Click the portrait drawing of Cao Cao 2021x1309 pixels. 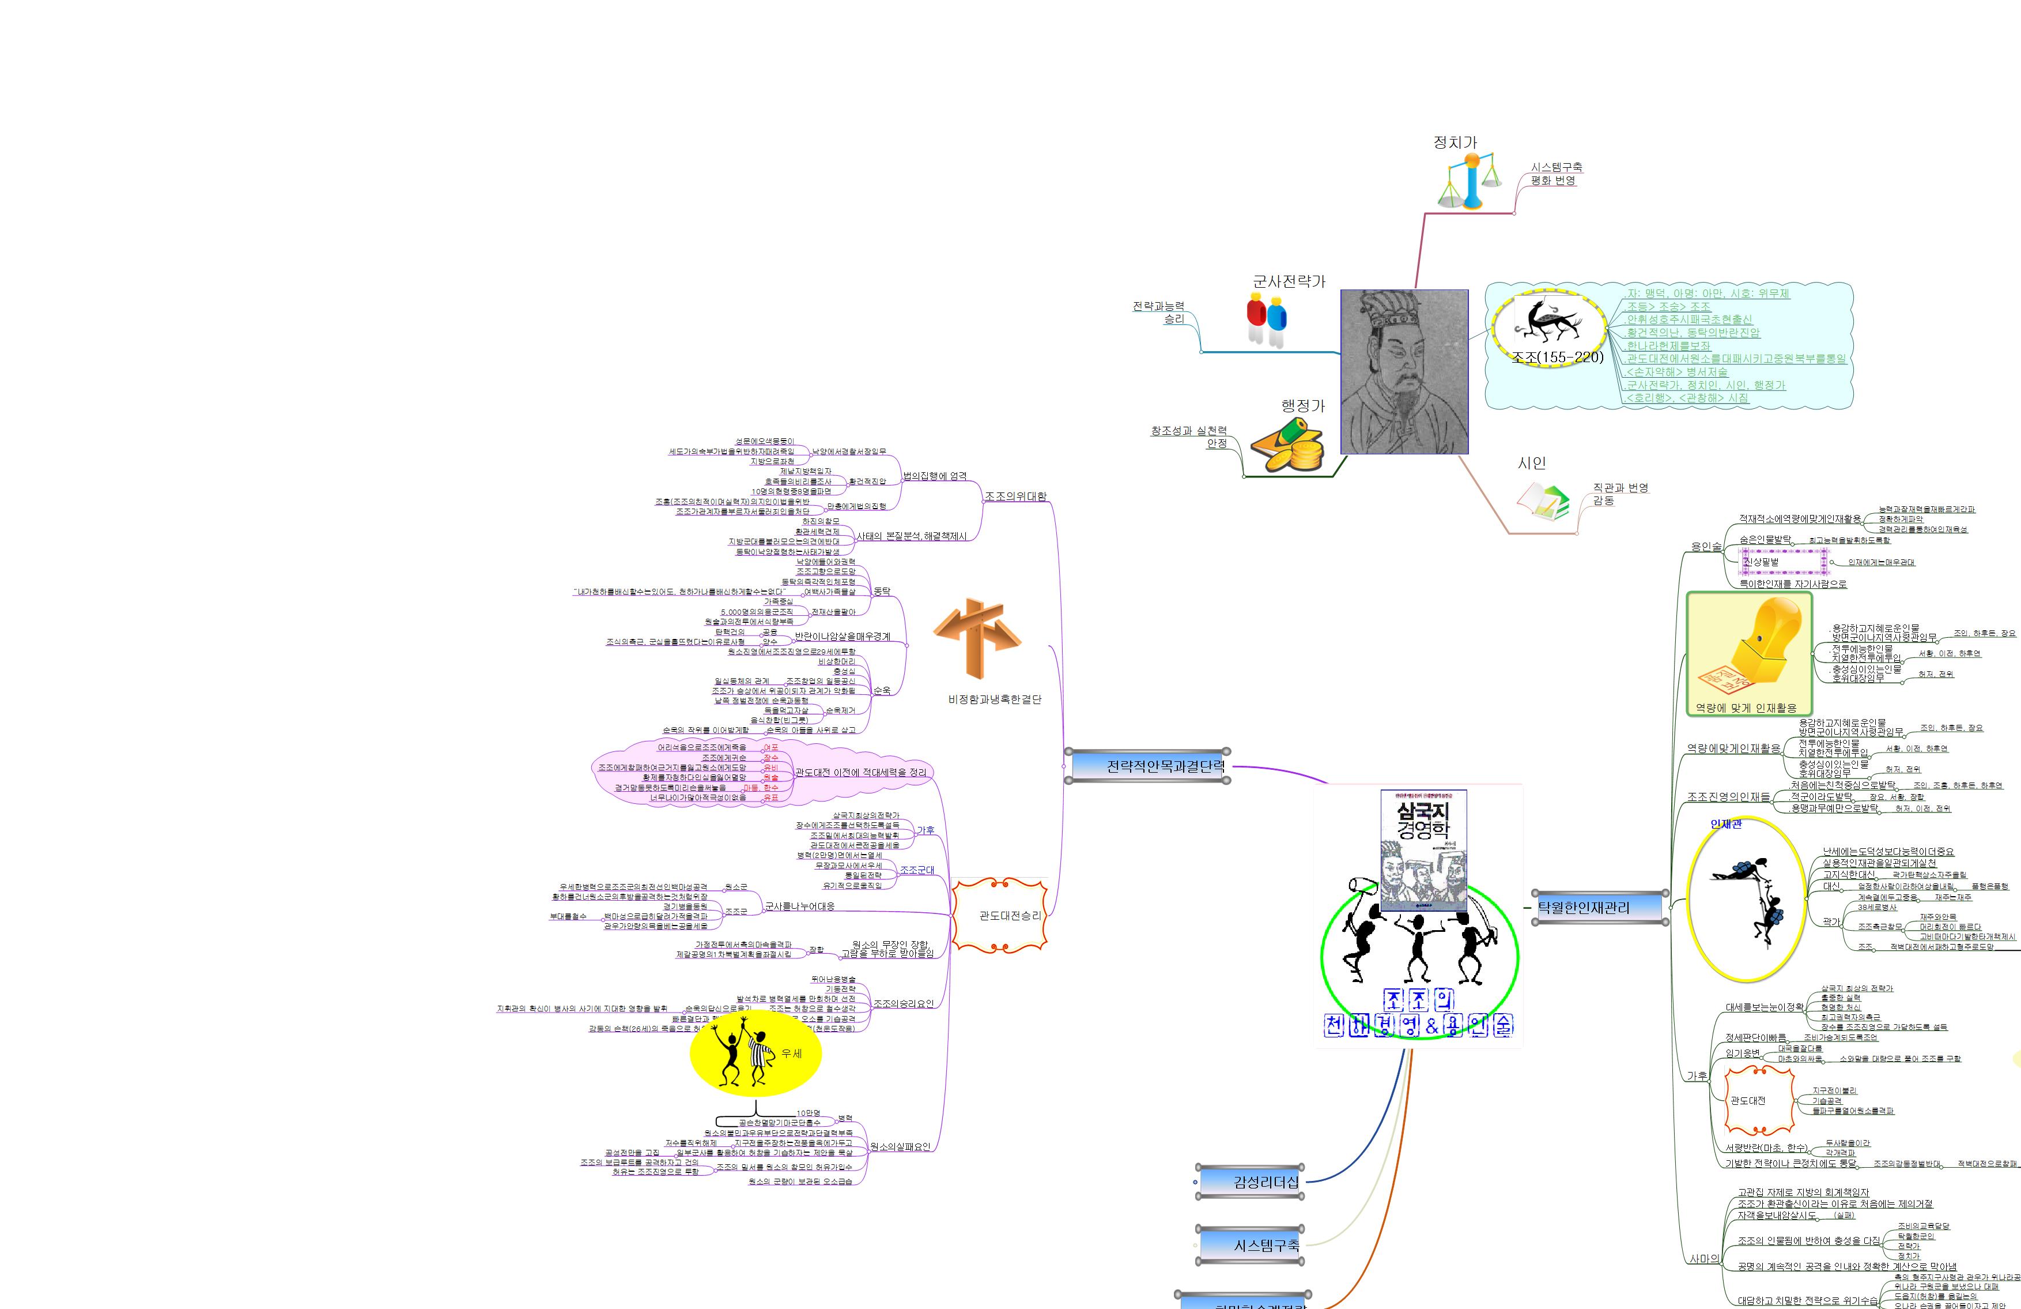[x=1404, y=371]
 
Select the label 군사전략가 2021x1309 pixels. [x=1288, y=281]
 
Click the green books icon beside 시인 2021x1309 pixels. [x=1543, y=501]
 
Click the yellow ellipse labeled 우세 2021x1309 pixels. [x=755, y=1054]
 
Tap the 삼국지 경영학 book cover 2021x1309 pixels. [x=1423, y=849]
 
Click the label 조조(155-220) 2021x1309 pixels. [x=1557, y=358]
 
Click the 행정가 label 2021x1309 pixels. [x=1302, y=406]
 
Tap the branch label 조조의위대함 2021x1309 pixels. [x=1015, y=496]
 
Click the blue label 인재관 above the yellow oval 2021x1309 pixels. [x=1725, y=824]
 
